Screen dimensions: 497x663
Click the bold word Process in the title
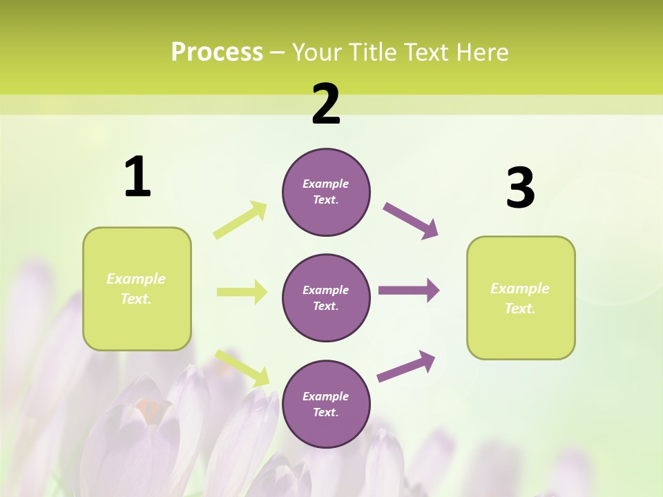pos(217,52)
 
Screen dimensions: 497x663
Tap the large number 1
pos(137,177)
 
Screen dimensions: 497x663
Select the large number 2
pos(326,104)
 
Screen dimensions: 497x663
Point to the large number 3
pos(521,188)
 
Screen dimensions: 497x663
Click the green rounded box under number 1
pos(137,289)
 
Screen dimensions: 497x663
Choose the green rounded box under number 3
pos(521,298)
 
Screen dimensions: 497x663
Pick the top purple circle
pos(326,192)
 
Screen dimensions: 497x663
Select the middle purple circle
pos(326,298)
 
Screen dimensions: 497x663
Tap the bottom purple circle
pos(326,404)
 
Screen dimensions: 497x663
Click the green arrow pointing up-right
pos(240,220)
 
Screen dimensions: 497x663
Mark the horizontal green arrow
pos(242,292)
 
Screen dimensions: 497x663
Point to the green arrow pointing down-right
pos(242,368)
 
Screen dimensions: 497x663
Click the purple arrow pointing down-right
pos(411,221)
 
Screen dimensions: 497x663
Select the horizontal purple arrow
pos(409,290)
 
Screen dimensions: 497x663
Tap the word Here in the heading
pos(482,52)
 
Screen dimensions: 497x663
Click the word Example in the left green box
pos(136,279)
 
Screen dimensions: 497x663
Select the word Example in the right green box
pos(520,289)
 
